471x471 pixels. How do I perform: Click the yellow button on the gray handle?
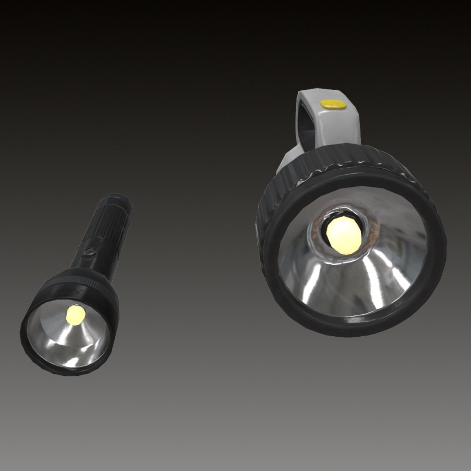coord(332,104)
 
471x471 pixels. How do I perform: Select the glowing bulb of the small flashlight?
coord(76,315)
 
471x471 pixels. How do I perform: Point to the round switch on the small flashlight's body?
coord(91,252)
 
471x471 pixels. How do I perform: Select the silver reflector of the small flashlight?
coord(65,340)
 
